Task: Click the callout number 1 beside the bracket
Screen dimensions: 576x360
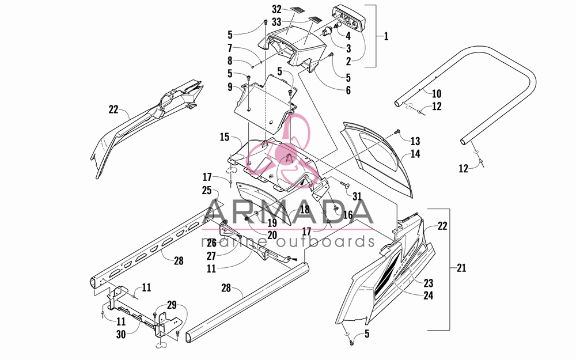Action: [x=386, y=36]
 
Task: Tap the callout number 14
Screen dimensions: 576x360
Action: [x=415, y=154]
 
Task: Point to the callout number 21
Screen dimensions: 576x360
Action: [x=461, y=268]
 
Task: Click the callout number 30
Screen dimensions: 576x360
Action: [x=121, y=335]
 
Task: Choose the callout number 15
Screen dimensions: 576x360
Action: [x=225, y=138]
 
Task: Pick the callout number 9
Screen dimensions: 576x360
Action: [x=230, y=87]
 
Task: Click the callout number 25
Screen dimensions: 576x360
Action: [x=207, y=190]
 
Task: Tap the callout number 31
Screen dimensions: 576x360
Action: [x=357, y=196]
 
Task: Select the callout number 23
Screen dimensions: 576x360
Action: [x=429, y=283]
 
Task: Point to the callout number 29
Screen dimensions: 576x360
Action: [x=172, y=305]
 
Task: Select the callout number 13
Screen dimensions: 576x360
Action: [x=415, y=141]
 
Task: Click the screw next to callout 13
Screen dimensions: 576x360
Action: [x=396, y=131]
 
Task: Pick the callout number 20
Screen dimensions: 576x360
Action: [x=272, y=235]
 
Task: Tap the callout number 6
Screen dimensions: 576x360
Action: [x=348, y=90]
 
